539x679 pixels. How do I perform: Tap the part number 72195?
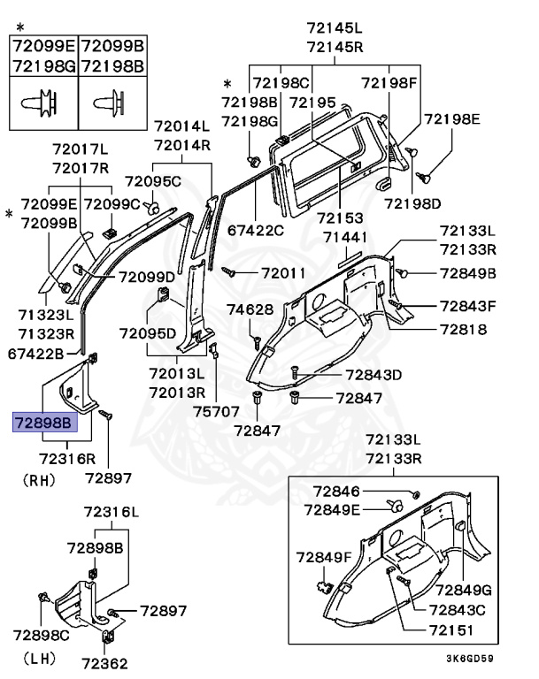click(312, 103)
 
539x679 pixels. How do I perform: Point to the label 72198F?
click(389, 83)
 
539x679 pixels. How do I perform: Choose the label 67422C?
click(256, 231)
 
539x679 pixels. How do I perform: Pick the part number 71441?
click(344, 238)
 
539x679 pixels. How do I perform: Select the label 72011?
click(283, 274)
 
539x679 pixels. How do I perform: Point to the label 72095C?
click(152, 182)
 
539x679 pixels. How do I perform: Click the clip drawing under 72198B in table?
click(112, 103)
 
